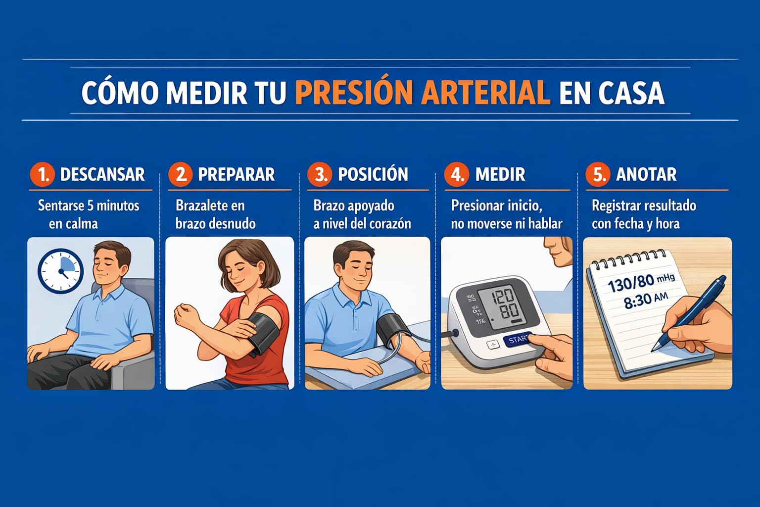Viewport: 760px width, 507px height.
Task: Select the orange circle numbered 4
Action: tap(457, 174)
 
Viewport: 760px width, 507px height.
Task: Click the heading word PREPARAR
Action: tap(236, 174)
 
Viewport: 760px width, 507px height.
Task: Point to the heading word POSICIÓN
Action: tap(373, 174)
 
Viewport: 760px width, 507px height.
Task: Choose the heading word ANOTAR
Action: tap(646, 174)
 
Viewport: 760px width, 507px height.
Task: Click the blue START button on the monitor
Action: tap(518, 340)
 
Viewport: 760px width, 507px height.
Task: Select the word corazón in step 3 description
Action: tap(390, 224)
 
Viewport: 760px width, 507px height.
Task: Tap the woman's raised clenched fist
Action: tap(186, 315)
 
